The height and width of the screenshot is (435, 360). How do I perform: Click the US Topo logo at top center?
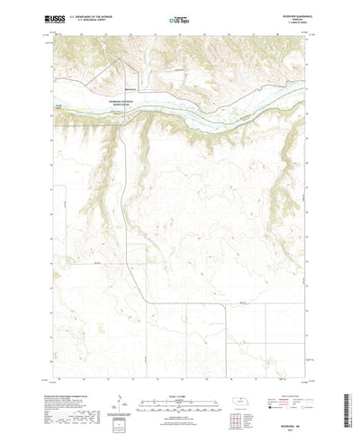179,18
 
